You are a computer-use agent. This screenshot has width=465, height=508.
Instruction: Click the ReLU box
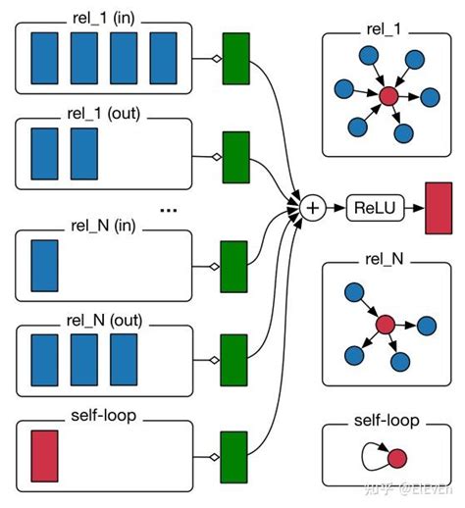(374, 207)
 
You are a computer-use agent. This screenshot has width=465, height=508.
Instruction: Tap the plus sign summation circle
(313, 207)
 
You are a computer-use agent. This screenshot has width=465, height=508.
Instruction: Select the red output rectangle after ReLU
(438, 208)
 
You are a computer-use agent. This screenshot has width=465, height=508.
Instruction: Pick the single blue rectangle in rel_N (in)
(45, 265)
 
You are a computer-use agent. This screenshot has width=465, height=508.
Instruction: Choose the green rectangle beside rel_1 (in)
(236, 58)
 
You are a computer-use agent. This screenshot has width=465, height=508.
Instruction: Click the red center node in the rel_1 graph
(387, 95)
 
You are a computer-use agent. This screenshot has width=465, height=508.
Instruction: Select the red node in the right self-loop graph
(395, 458)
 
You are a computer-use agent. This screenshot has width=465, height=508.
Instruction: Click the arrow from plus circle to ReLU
(336, 207)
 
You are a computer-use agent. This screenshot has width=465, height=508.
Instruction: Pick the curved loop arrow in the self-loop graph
(371, 452)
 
